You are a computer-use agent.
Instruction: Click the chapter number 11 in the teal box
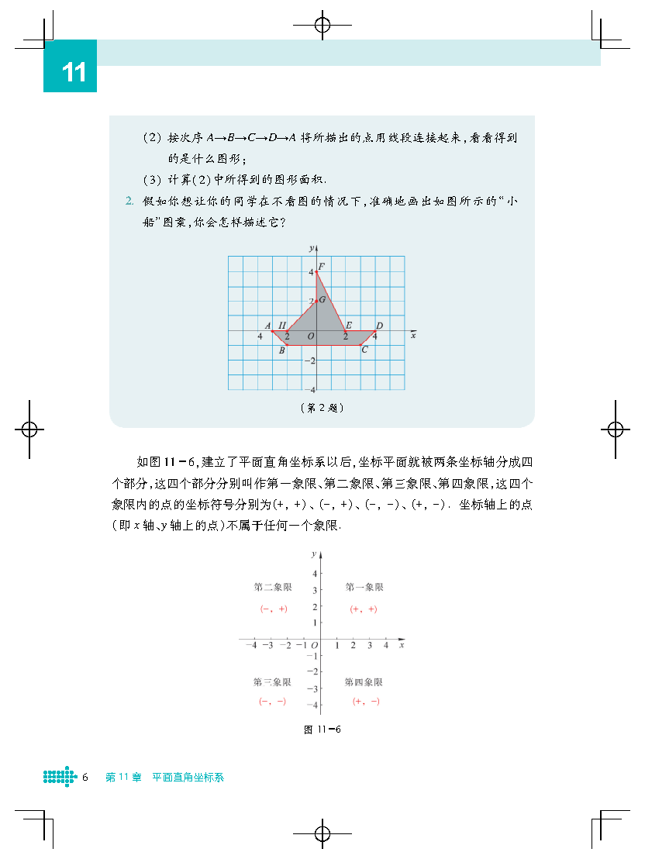click(74, 73)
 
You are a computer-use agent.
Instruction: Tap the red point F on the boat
click(316, 272)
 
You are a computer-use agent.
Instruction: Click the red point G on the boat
click(316, 301)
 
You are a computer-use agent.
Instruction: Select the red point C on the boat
click(360, 345)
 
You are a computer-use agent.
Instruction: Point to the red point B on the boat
click(287, 345)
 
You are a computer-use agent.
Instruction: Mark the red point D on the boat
click(375, 330)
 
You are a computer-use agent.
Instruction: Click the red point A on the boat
click(272, 330)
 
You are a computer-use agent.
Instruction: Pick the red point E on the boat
click(346, 330)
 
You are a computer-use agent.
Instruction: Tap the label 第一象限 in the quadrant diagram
click(364, 587)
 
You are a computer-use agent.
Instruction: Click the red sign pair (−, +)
click(273, 609)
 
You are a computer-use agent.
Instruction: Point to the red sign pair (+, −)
click(366, 701)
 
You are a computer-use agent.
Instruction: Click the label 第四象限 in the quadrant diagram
click(364, 682)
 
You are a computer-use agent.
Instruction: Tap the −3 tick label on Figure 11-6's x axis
click(267, 645)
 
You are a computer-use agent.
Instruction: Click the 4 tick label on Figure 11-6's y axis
click(314, 574)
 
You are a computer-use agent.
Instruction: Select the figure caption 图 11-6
click(322, 730)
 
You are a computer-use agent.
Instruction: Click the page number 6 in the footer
click(85, 777)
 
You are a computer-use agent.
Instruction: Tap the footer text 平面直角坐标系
click(188, 777)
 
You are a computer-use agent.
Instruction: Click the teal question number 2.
click(129, 202)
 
